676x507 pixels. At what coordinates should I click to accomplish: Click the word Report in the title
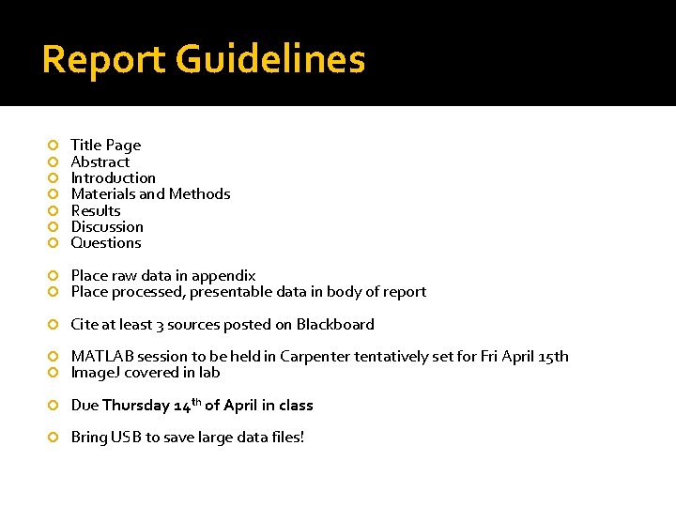[102, 60]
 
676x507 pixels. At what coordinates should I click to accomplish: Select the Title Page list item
[106, 145]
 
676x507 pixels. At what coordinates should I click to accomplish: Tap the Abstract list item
[100, 161]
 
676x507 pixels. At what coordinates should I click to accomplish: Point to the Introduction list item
[114, 177]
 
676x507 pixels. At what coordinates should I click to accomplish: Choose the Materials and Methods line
[150, 193]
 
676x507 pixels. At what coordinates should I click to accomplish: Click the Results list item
[96, 210]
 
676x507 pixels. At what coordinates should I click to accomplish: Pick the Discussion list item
[107, 226]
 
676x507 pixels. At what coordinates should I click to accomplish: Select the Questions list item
[106, 242]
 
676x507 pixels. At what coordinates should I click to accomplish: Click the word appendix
[224, 276]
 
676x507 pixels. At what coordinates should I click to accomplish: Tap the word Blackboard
[335, 324]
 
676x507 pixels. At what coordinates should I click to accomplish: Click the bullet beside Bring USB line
[54, 438]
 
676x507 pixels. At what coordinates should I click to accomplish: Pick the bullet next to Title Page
[54, 145]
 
